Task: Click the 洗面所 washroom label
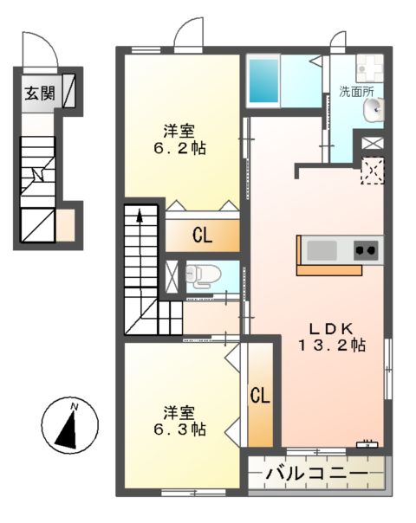coord(357,89)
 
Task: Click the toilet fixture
coord(198,274)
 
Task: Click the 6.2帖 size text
coord(181,148)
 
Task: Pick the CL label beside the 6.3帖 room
coord(259,396)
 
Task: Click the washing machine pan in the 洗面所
coord(370,67)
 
